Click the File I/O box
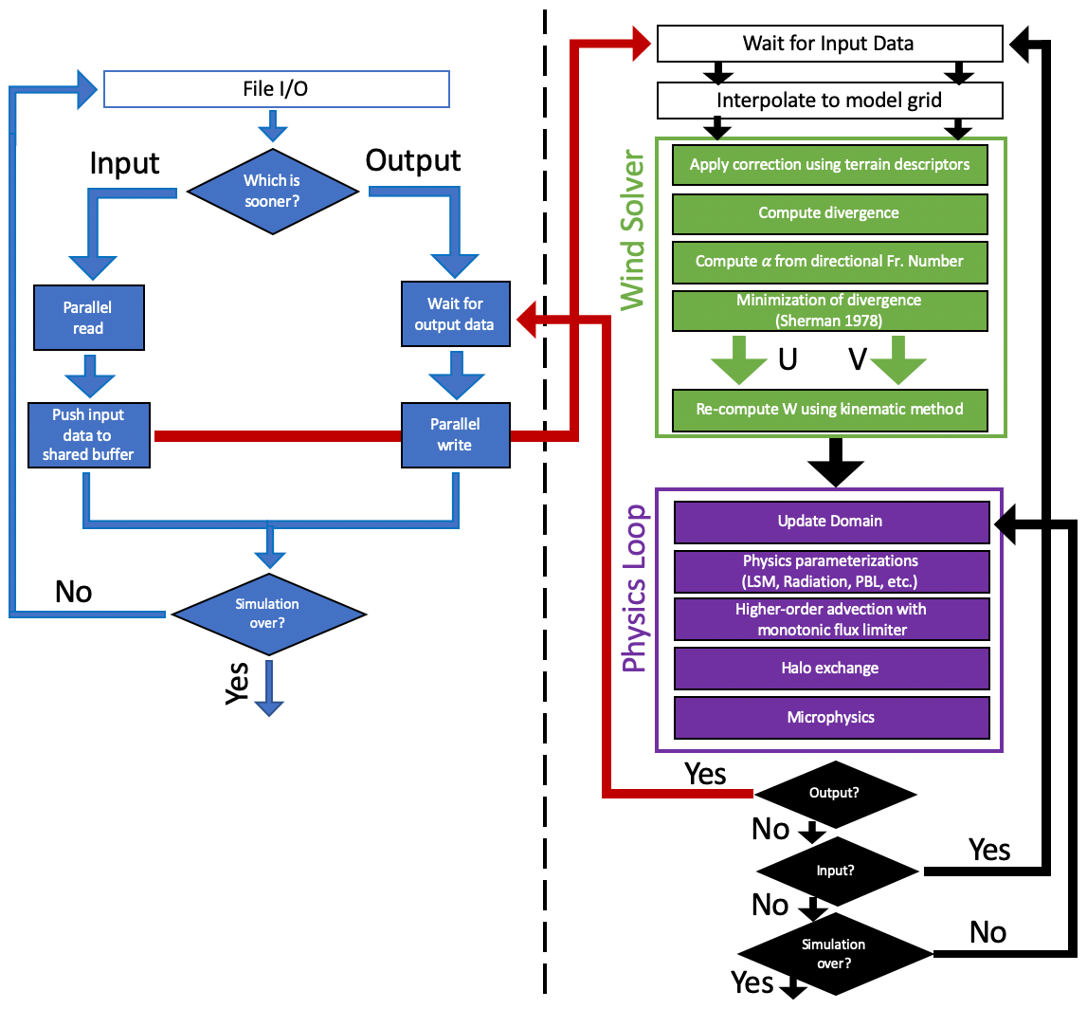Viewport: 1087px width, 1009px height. (x=275, y=90)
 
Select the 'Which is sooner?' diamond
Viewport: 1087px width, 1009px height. (x=272, y=191)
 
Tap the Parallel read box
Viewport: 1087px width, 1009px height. (x=88, y=318)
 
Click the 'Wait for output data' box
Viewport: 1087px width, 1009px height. (x=455, y=314)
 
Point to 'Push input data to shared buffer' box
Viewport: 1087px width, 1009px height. (x=88, y=435)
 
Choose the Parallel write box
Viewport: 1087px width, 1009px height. (x=455, y=435)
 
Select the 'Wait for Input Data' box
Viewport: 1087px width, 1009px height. (x=829, y=43)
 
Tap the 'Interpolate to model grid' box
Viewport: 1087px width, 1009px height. (x=829, y=100)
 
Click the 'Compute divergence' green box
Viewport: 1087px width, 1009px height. (x=830, y=212)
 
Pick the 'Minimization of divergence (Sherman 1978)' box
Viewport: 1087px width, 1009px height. (x=830, y=309)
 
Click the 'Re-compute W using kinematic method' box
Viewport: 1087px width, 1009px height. (x=830, y=410)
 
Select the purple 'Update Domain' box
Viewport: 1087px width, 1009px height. (x=830, y=521)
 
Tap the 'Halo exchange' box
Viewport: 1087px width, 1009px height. (x=830, y=669)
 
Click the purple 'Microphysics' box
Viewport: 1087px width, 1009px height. (x=830, y=718)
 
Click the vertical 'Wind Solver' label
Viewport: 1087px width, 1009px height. (x=632, y=228)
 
